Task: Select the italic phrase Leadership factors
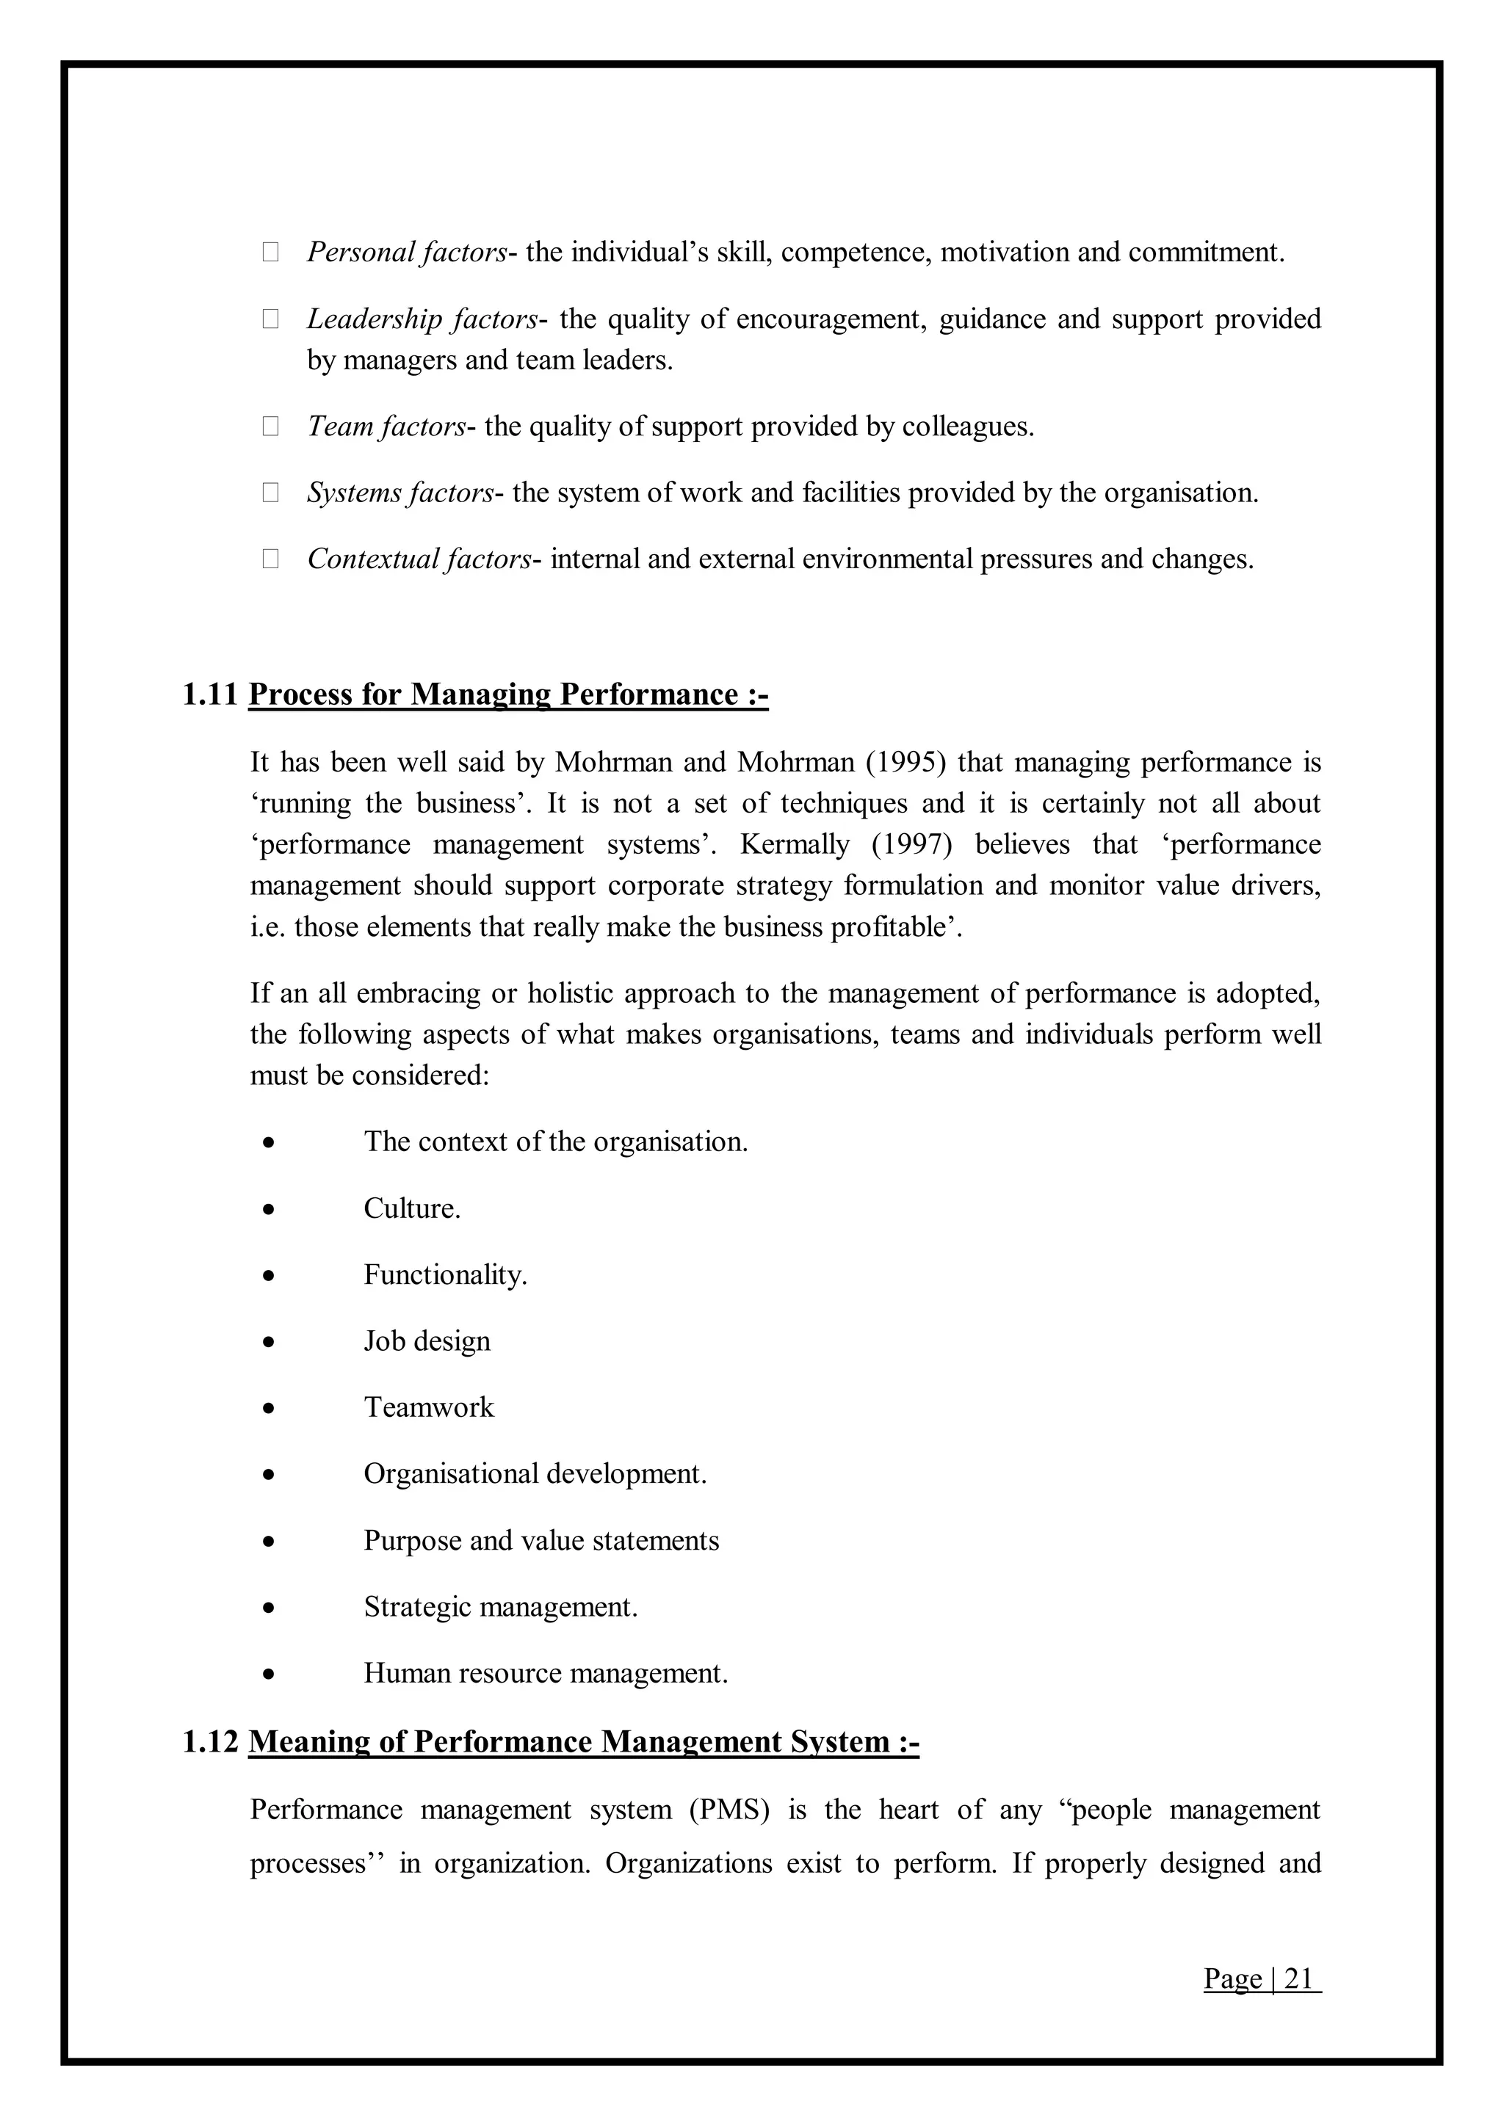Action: pyautogui.click(x=422, y=319)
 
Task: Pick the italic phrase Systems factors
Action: pyautogui.click(x=400, y=493)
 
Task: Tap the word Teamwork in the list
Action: pyautogui.click(x=429, y=1407)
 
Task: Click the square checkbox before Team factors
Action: pyautogui.click(x=270, y=426)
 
